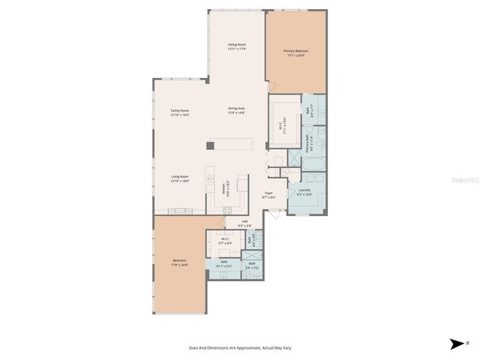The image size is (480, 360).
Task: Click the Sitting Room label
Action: click(237, 46)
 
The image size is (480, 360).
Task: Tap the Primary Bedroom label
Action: click(295, 52)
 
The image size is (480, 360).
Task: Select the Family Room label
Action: click(179, 112)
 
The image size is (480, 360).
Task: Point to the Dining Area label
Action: click(237, 110)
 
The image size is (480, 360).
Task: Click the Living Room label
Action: click(179, 178)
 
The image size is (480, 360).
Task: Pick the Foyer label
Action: click(268, 194)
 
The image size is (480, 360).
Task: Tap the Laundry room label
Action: click(304, 192)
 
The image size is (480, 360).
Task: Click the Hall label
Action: click(244, 223)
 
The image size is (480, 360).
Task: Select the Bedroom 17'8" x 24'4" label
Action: click(178, 262)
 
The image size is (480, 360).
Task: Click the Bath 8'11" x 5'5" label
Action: click(223, 263)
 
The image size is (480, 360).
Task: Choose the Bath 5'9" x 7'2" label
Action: click(252, 265)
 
